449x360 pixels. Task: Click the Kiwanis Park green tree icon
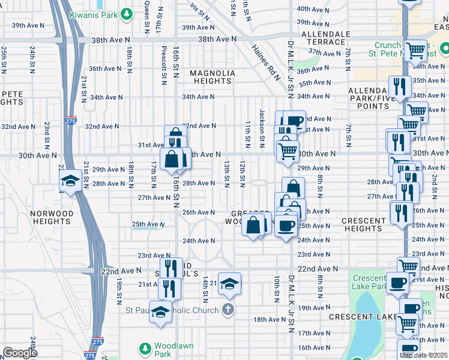point(127,13)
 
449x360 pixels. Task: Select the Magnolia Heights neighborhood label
point(212,77)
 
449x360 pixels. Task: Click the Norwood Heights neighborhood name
point(52,217)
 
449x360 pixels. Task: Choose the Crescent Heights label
point(363,224)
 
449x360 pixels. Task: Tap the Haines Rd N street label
point(266,62)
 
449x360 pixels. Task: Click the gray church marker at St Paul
point(227,310)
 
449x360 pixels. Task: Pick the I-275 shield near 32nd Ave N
point(71,120)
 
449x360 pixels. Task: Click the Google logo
point(20,353)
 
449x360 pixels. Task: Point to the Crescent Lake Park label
point(369,283)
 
